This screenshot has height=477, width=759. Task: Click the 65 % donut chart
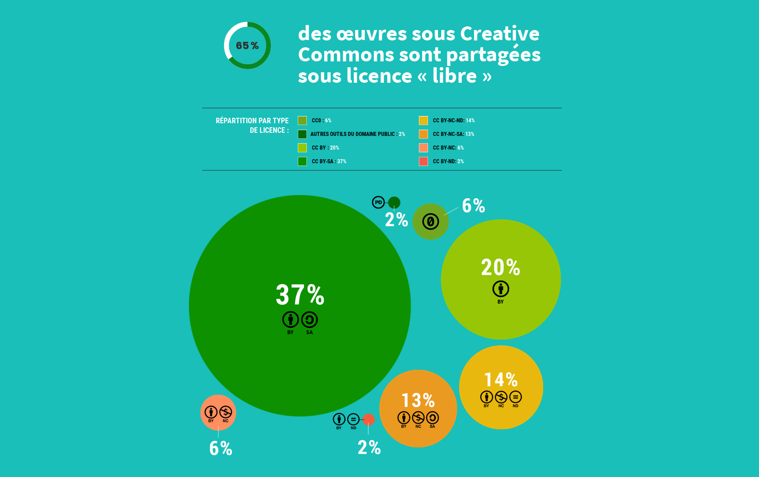(x=247, y=45)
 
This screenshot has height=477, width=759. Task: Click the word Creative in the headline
(x=499, y=34)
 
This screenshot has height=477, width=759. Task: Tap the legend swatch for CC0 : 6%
(x=302, y=121)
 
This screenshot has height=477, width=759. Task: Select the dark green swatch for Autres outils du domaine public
(x=302, y=134)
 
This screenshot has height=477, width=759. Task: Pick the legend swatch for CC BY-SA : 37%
(x=302, y=161)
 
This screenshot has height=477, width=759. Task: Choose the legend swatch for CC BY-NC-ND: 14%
(x=423, y=121)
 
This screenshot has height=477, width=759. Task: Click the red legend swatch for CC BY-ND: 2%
(x=423, y=161)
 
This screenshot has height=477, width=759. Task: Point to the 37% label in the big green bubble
(x=300, y=295)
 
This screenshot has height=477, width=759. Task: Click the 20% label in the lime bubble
(x=500, y=267)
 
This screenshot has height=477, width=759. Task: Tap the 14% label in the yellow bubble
(x=501, y=380)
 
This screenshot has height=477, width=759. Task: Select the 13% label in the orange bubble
(x=418, y=401)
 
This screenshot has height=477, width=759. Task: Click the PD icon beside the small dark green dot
(x=378, y=202)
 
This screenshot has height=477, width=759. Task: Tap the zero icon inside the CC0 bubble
(x=431, y=222)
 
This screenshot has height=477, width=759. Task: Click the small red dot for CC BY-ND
(x=369, y=419)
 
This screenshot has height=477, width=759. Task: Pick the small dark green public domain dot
(x=394, y=202)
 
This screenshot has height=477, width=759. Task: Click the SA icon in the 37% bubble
(x=310, y=320)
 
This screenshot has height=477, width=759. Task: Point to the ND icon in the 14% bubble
(x=515, y=397)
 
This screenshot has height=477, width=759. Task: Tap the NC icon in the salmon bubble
(x=225, y=412)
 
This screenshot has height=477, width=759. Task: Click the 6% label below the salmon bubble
(x=221, y=448)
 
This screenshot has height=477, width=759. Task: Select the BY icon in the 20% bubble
(x=501, y=289)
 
